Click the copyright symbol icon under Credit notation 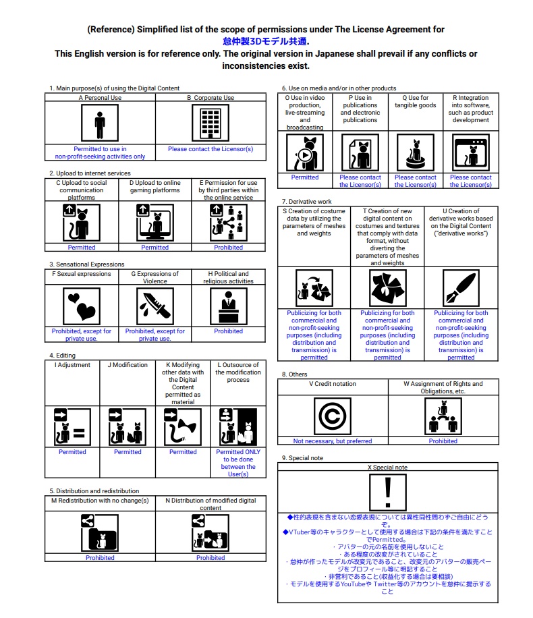click(x=333, y=416)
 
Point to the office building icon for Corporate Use click(x=211, y=123)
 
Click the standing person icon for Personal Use click(x=100, y=123)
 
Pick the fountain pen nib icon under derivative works click(x=461, y=288)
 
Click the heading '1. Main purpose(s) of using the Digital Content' click(x=114, y=88)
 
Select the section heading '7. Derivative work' click(x=306, y=201)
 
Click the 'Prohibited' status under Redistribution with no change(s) click(x=100, y=558)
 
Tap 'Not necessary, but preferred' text click(x=333, y=441)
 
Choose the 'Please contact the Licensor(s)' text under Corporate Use click(x=211, y=149)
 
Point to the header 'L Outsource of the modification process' click(x=238, y=372)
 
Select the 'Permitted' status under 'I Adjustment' click(x=72, y=452)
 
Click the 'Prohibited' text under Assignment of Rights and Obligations click(x=443, y=441)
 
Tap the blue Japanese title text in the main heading click(x=266, y=41)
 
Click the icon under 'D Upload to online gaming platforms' click(x=155, y=222)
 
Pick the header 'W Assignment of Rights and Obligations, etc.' click(x=443, y=387)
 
